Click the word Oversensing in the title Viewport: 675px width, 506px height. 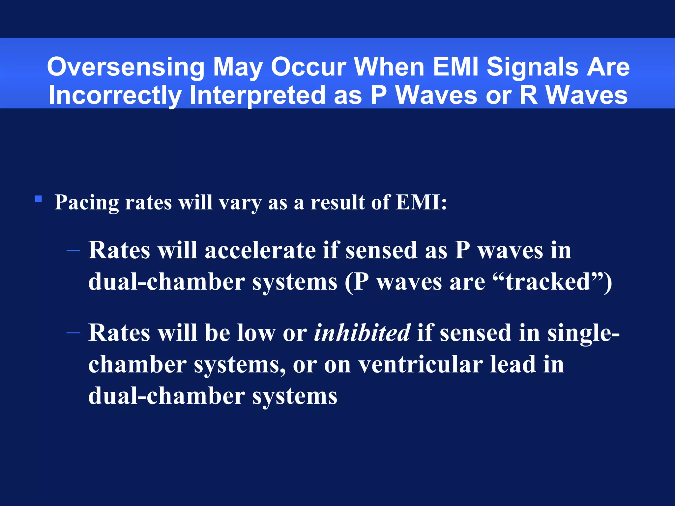(126, 67)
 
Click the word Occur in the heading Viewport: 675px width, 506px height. (308, 67)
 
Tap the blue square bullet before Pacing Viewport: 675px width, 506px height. (38, 199)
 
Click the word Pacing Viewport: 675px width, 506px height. (86, 203)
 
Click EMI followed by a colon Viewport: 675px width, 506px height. (421, 202)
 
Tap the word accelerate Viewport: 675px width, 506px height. (260, 250)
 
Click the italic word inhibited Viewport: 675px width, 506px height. (362, 333)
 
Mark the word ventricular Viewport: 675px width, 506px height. (421, 365)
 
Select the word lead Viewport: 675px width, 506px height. (513, 365)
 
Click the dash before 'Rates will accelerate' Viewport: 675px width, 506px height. (73, 251)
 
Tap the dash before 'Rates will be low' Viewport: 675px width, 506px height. (73, 333)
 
